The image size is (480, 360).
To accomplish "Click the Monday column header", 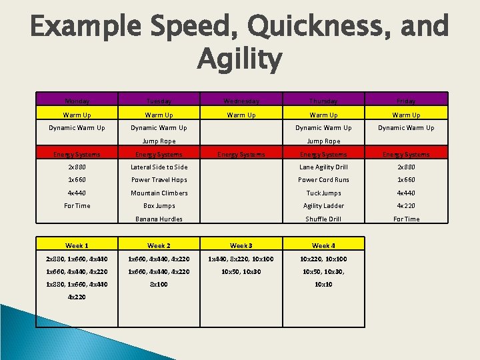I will click(77, 101).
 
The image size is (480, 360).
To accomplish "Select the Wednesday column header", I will click(241, 101).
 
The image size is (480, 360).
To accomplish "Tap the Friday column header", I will click(406, 101).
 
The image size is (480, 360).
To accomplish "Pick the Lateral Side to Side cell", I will click(159, 167).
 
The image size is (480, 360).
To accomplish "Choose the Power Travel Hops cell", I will click(159, 180).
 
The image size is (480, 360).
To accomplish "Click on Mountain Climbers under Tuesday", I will click(159, 193).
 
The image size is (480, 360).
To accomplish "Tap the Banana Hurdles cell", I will click(159, 219).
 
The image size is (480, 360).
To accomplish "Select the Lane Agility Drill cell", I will click(323, 167).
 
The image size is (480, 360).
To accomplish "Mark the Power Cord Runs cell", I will click(323, 180).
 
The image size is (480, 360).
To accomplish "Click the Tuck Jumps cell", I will click(323, 193).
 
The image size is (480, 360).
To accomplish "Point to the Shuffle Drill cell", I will click(323, 219).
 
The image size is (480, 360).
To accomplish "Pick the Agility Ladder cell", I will click(323, 206).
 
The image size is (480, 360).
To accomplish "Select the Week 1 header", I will click(77, 246).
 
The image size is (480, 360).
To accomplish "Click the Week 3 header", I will click(241, 246).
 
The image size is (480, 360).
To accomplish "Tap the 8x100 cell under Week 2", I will click(159, 284).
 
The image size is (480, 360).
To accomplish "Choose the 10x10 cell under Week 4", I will click(323, 284).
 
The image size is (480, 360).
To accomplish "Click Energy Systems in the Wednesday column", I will click(241, 155).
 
